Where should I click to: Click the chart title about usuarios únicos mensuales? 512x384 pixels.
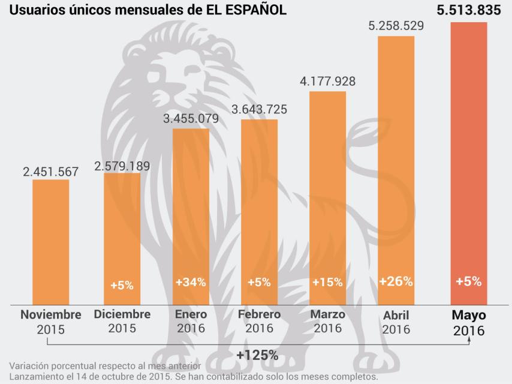(147, 10)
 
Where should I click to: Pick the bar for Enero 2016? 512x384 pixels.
(191, 216)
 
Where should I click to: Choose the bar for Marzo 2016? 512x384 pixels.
(327, 198)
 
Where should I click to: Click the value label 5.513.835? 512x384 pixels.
(469, 10)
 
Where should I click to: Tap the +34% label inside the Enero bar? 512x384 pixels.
(191, 282)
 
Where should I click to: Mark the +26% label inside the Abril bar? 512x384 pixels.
(396, 281)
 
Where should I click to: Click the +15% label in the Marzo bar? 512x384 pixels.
(327, 282)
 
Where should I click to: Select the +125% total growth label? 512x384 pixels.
(257, 355)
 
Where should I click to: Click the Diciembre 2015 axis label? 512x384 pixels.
(122, 321)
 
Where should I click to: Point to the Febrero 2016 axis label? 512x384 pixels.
(259, 321)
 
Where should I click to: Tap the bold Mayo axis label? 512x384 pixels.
(469, 315)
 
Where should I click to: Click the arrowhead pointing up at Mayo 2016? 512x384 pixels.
(469, 339)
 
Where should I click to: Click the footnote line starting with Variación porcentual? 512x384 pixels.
(106, 366)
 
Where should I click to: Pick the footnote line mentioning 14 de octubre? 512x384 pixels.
(193, 377)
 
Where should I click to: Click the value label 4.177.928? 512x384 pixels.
(327, 81)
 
